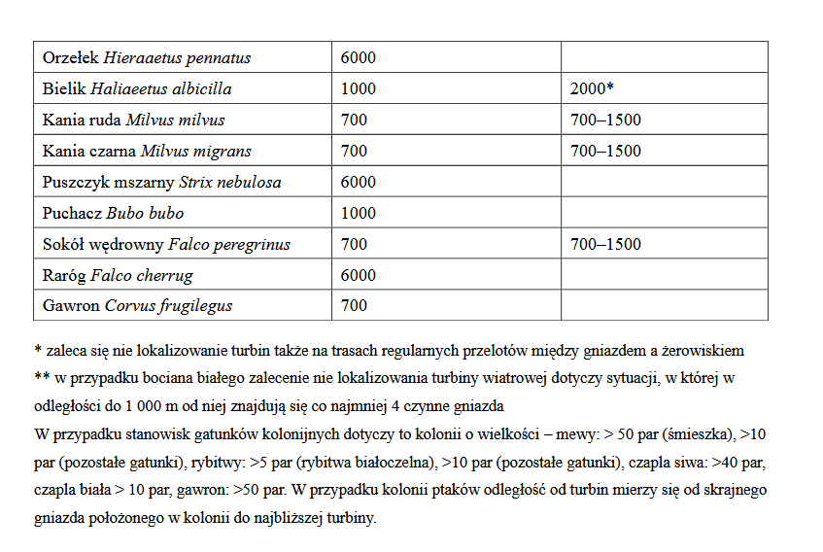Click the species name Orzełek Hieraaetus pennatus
coord(147,58)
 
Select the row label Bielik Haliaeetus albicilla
coord(137,89)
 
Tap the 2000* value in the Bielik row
coord(592,89)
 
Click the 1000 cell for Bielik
coord(359,89)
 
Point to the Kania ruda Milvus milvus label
coord(133,121)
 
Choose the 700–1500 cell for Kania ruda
coord(605,121)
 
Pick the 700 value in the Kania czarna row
coord(354,152)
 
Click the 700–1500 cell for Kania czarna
coord(605,152)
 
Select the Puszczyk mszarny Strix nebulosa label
coord(162,183)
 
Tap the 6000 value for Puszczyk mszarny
coord(359,183)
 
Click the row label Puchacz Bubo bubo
coord(113,214)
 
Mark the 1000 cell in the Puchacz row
coord(359,214)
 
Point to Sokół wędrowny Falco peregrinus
coord(166,245)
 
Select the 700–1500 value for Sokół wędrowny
coord(605,245)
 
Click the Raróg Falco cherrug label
coord(118,276)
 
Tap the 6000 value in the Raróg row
coord(359,276)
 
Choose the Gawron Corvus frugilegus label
coord(137,306)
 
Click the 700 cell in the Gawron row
coord(354,306)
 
